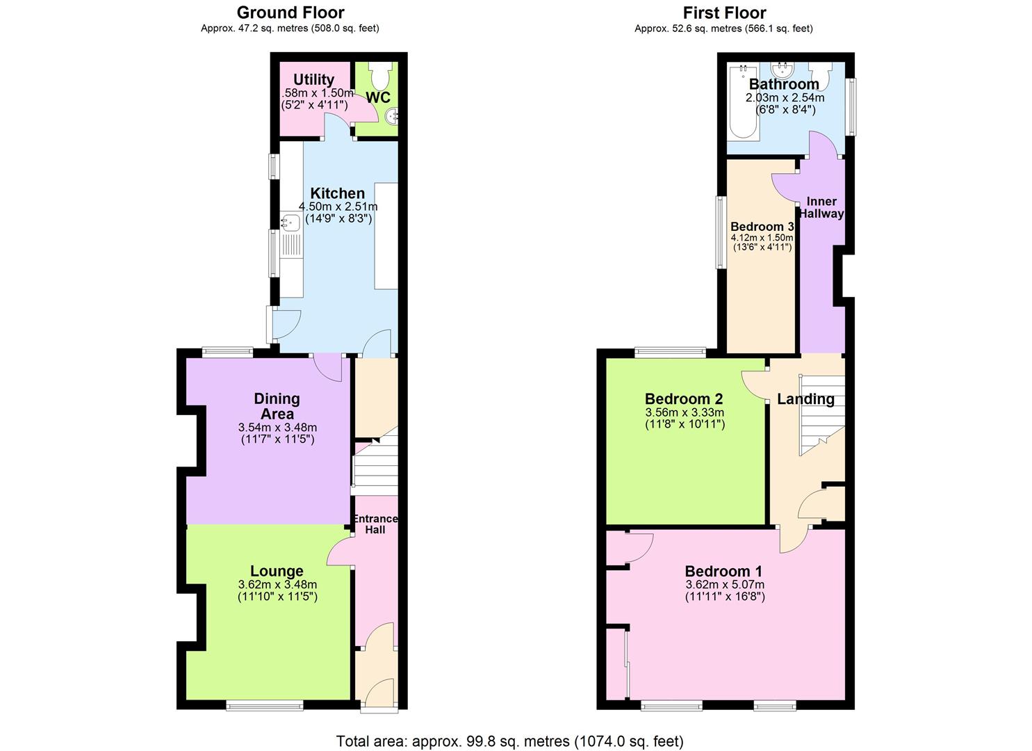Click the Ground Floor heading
pos(290,13)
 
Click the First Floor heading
pos(724,13)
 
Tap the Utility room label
pos(313,80)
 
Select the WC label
pos(378,97)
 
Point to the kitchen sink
pos(290,223)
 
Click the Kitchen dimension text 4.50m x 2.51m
pos(338,207)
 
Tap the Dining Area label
pos(277,406)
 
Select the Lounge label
pos(277,572)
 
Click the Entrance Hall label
pos(375,524)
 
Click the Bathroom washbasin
pos(783,69)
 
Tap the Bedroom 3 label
pos(762,227)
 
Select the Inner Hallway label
pos(821,207)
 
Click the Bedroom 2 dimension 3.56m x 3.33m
pos(684,412)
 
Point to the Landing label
pos(805,399)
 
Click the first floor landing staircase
pos(821,414)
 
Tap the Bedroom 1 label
pos(724,572)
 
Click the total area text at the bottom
pos(509,741)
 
